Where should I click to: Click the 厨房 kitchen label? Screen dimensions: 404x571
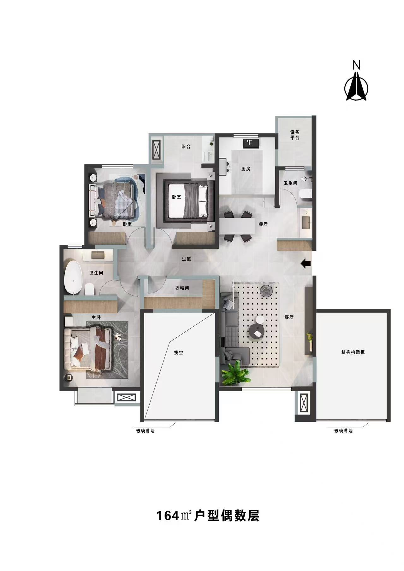(x=246, y=169)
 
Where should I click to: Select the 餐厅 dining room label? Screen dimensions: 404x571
(x=263, y=224)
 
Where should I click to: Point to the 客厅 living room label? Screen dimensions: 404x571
(x=289, y=317)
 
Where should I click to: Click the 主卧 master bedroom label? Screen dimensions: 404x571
(x=96, y=318)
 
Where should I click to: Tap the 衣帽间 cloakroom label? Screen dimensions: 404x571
(x=182, y=288)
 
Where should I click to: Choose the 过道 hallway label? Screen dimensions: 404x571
(x=187, y=259)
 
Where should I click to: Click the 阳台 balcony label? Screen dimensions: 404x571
(x=186, y=147)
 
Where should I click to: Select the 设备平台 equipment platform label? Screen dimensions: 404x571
(x=295, y=135)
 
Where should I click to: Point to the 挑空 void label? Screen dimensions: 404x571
(x=179, y=353)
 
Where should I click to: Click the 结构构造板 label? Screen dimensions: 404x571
(x=353, y=352)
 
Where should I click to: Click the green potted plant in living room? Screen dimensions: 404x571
(x=236, y=373)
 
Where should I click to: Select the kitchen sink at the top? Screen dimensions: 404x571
(x=251, y=143)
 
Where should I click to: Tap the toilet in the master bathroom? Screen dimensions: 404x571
(x=89, y=289)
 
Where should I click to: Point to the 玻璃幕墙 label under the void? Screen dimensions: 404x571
(x=146, y=431)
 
